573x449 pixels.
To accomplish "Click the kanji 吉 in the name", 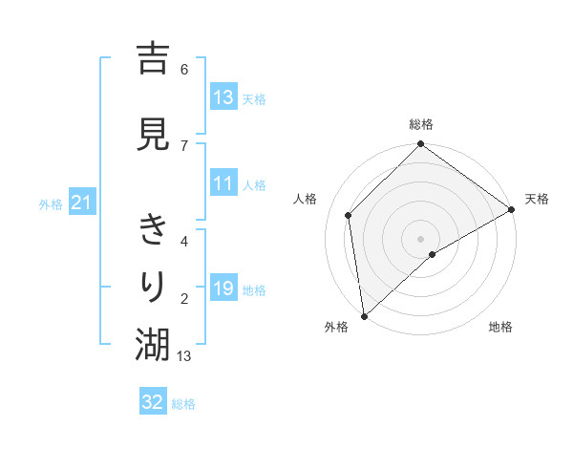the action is tap(153, 58).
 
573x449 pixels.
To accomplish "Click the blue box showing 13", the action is tap(223, 97).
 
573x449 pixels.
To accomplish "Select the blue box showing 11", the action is tap(223, 183).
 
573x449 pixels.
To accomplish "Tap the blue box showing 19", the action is tap(223, 289).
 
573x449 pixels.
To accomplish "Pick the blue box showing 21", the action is tap(82, 203).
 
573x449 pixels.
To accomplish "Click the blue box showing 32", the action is tap(153, 402).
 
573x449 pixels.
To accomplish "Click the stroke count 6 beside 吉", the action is tap(184, 70).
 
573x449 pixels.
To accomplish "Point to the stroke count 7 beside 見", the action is tap(184, 145).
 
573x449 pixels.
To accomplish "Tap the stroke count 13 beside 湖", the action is tap(184, 356).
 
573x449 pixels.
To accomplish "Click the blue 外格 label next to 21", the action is tap(51, 203).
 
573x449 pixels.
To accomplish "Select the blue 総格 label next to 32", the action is tap(183, 403).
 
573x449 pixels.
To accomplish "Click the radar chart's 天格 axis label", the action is tap(537, 199).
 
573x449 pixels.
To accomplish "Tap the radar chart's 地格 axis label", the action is tap(500, 327).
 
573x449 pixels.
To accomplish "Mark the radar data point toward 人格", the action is tap(349, 215).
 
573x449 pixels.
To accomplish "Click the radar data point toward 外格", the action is tap(364, 315).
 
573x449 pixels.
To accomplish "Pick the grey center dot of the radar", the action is tap(420, 238).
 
